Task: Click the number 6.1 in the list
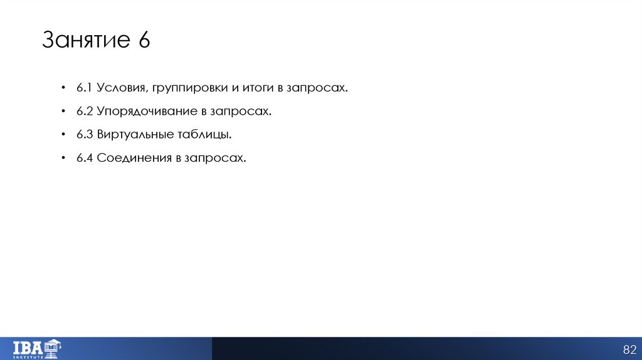tap(85, 88)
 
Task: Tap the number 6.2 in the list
tap(85, 111)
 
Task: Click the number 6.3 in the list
tap(85, 134)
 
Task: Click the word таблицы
tap(204, 135)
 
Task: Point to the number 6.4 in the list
tap(85, 158)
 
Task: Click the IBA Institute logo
tap(37, 348)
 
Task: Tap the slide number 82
tap(628, 349)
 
